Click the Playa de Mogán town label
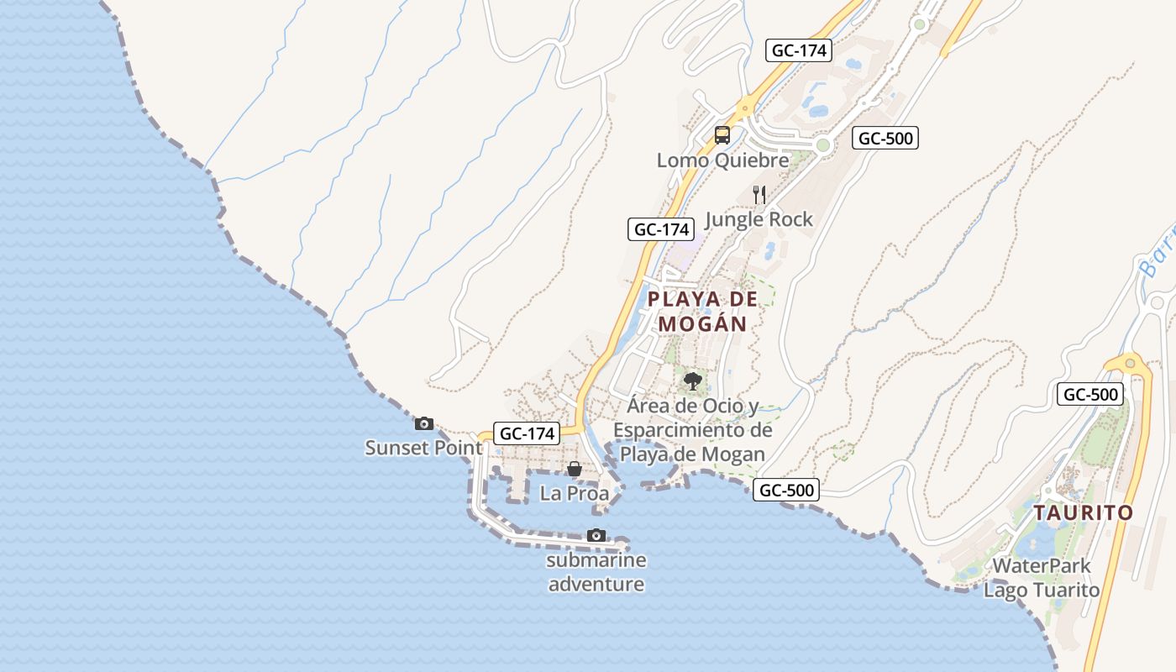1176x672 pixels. [702, 311]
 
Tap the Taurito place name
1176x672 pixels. [1083, 512]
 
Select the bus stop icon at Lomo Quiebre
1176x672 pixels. [722, 134]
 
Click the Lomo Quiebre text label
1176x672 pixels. [722, 160]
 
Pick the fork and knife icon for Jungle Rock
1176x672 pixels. [759, 195]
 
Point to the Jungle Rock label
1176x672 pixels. [759, 219]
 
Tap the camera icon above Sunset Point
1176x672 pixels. [424, 423]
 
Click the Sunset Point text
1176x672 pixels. [423, 448]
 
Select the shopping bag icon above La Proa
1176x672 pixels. [575, 469]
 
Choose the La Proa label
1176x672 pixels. [575, 493]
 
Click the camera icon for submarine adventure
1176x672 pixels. [596, 535]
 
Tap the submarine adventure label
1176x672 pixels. [596, 572]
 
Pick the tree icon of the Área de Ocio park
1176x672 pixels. [692, 381]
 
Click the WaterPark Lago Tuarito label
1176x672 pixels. [1042, 578]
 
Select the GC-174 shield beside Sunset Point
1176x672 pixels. [526, 433]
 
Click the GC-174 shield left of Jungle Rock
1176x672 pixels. [661, 229]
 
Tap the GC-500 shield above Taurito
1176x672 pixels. [1090, 394]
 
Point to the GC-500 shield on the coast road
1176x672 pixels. [785, 490]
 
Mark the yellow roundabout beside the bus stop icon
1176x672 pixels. [744, 108]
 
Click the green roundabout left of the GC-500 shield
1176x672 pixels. [822, 145]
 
